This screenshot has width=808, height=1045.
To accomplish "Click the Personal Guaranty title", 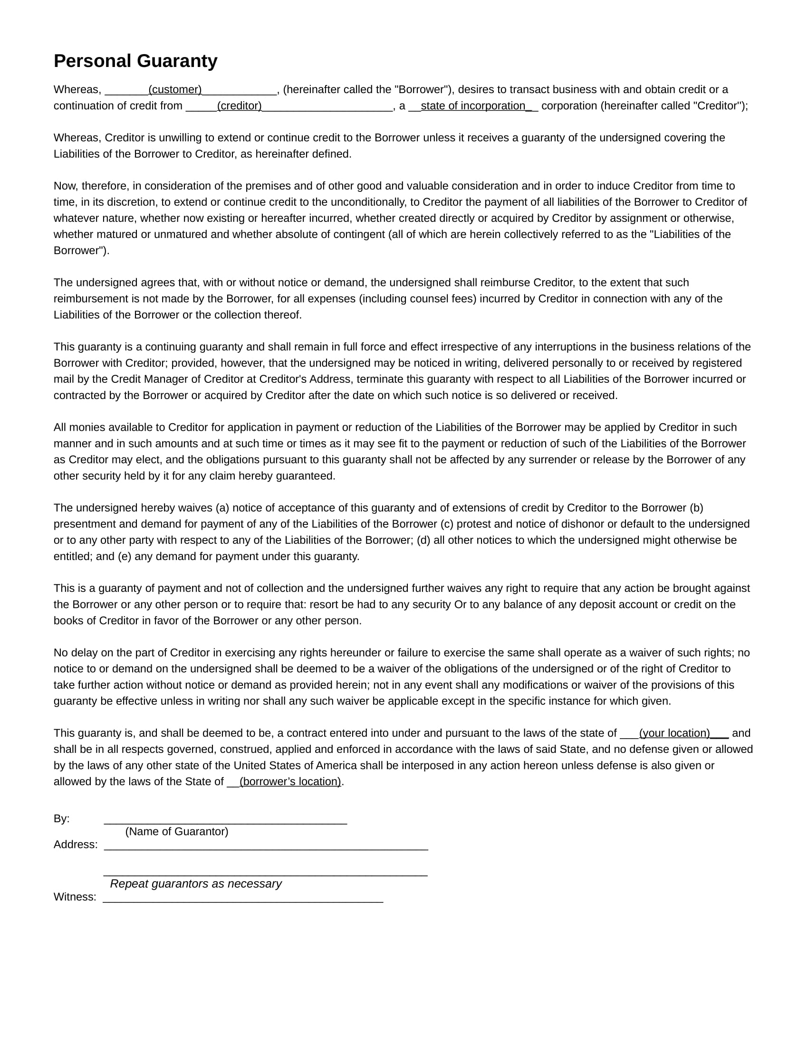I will point(135,61).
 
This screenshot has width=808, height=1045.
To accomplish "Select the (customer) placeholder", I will point(175,90).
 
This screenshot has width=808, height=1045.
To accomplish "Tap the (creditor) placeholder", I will point(240,106).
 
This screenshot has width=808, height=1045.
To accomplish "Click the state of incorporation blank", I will point(473,106).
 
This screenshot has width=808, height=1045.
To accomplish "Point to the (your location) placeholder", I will point(674,733).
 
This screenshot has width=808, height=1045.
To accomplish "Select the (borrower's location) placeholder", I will point(290,782).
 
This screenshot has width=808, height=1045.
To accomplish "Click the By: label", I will point(62,819).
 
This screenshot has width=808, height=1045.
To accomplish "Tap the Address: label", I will point(76,845).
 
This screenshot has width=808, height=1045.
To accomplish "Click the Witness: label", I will point(75,897).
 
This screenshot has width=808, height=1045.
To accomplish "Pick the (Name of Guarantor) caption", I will point(177,832).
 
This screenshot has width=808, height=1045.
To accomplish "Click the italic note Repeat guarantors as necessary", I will point(196,884).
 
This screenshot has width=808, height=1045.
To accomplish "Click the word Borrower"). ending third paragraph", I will point(81,251).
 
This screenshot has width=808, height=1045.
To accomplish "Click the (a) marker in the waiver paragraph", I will point(222,508).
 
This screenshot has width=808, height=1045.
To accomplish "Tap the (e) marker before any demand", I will point(125,557).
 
